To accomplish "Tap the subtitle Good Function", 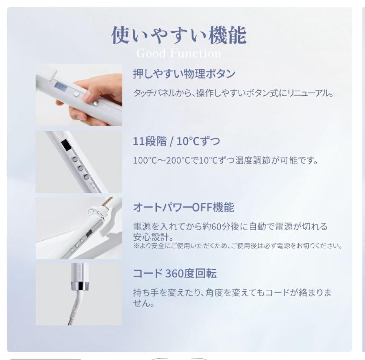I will click(x=179, y=53).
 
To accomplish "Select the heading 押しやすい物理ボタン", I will click(x=184, y=74).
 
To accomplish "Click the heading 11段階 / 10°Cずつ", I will click(x=176, y=141).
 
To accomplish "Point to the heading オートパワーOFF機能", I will click(x=184, y=207).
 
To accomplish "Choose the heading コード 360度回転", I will click(x=175, y=273).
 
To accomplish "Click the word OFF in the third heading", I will click(x=202, y=208).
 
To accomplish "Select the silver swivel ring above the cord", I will click(x=79, y=286).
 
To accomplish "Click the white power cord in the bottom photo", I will click(x=74, y=308).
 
